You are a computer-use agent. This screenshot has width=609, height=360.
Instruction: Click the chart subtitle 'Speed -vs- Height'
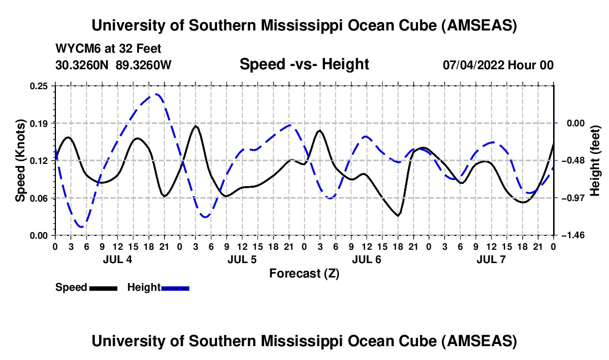304,64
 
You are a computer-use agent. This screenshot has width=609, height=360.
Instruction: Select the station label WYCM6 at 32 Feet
109,49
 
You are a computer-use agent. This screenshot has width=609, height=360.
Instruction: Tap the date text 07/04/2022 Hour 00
498,65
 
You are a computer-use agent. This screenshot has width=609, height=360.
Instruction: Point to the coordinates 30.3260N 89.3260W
113,65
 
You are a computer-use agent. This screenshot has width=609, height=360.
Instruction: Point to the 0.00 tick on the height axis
570,123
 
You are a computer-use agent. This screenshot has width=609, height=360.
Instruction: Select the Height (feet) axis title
595,161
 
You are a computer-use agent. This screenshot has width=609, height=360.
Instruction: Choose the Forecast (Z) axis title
304,273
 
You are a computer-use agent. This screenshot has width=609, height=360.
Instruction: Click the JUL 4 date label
117,259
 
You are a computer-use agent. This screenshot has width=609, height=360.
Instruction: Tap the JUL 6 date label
367,259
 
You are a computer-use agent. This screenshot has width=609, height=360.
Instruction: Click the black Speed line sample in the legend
103,288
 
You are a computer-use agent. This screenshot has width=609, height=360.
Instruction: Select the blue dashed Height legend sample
176,288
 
